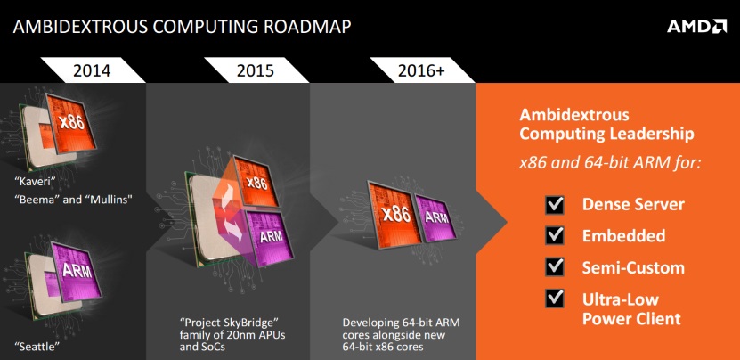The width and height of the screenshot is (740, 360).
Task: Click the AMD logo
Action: tap(696, 27)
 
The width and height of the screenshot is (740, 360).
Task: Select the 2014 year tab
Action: tap(92, 70)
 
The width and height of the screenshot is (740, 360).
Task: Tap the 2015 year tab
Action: tap(256, 70)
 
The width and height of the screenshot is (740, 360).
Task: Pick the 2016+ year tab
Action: tap(421, 70)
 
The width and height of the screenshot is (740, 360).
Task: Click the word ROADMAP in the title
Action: tap(307, 27)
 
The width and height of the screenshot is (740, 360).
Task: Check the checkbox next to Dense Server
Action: tap(555, 205)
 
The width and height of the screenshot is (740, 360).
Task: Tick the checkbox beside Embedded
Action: tap(555, 235)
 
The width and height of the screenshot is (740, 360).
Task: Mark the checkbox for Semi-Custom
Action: tap(555, 267)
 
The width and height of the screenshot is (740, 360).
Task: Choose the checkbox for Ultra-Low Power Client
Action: tap(555, 299)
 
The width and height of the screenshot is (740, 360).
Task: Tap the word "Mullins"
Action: tap(108, 199)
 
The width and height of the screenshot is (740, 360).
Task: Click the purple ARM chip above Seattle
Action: tap(76, 272)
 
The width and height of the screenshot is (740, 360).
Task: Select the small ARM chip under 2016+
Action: tap(436, 217)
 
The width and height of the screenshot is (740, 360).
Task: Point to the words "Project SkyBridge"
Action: tap(230, 323)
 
